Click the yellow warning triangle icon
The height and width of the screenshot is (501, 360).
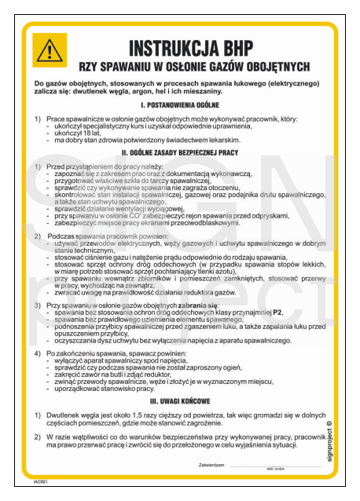click(x=49, y=50)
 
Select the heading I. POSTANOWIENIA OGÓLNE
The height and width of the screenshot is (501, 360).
click(x=179, y=104)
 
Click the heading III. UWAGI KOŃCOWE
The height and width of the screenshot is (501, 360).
click(x=179, y=400)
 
